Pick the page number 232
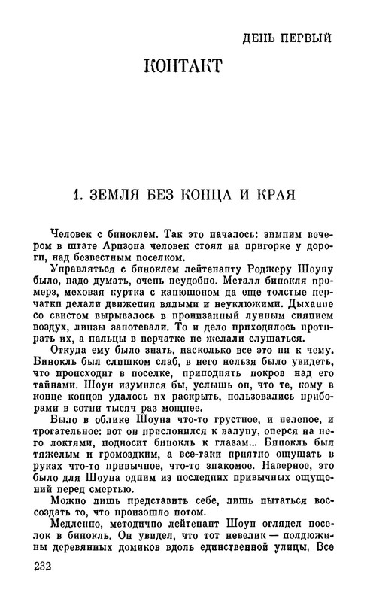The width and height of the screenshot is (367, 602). tap(37, 587)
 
